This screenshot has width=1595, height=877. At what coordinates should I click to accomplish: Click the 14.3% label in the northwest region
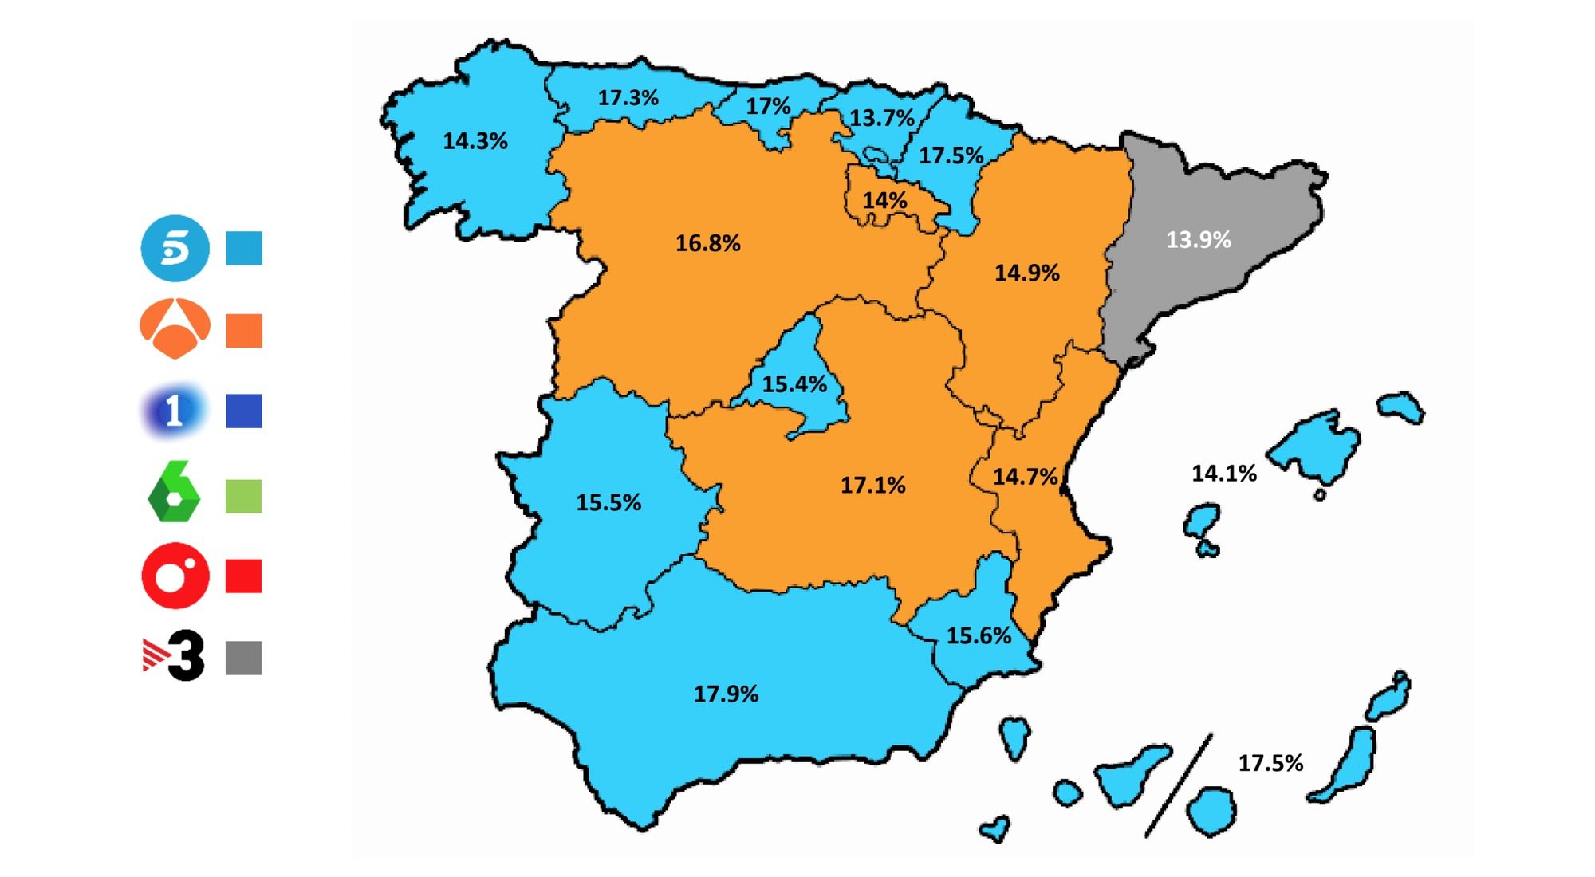click(475, 141)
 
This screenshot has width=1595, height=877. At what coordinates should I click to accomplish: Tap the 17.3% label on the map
click(628, 98)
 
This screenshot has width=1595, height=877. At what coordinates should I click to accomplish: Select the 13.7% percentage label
click(881, 118)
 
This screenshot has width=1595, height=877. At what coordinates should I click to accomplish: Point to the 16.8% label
click(708, 243)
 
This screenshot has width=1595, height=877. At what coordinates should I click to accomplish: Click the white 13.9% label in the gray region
click(1199, 239)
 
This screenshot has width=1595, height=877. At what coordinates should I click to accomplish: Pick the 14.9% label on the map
click(1027, 273)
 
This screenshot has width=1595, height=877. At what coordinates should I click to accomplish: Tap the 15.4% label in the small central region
click(794, 384)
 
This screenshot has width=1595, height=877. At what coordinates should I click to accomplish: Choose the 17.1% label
click(873, 485)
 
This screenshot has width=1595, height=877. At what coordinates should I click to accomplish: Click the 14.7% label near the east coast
click(1025, 477)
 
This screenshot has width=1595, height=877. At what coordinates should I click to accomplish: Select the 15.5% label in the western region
click(608, 502)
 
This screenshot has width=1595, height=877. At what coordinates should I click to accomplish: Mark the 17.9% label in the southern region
click(726, 694)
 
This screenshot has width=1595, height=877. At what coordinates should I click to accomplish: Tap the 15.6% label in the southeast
click(979, 635)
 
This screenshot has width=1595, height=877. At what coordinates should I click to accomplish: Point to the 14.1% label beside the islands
click(1224, 474)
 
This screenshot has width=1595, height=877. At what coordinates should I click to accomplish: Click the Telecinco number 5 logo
click(175, 248)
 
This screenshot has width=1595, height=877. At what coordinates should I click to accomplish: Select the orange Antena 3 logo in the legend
click(175, 328)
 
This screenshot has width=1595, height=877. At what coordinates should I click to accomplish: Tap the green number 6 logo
click(175, 493)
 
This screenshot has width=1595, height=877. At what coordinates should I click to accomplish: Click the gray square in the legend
click(244, 658)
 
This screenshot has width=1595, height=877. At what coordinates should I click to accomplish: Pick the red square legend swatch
click(244, 576)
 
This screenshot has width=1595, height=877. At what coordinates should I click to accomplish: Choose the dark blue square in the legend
click(244, 411)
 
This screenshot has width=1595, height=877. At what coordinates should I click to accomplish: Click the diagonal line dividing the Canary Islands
click(1179, 785)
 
